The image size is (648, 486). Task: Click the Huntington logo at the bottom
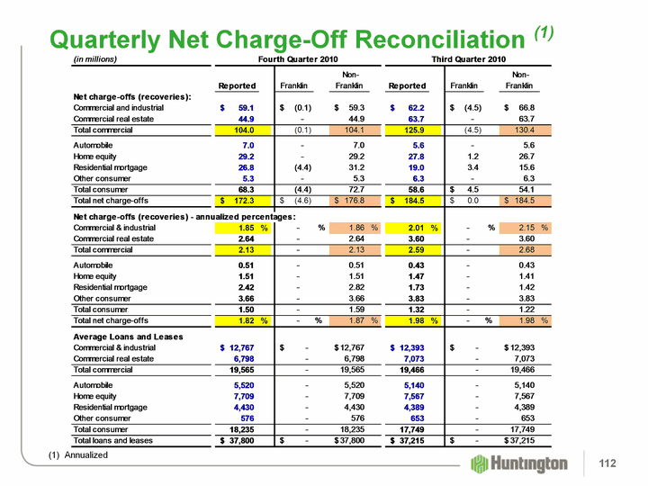click(519, 463)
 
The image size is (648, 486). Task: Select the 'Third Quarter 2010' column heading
click(468, 59)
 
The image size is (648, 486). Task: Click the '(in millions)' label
click(95, 59)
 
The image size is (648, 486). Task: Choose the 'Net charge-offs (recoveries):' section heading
click(131, 97)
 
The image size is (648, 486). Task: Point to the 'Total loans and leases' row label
click(114, 441)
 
